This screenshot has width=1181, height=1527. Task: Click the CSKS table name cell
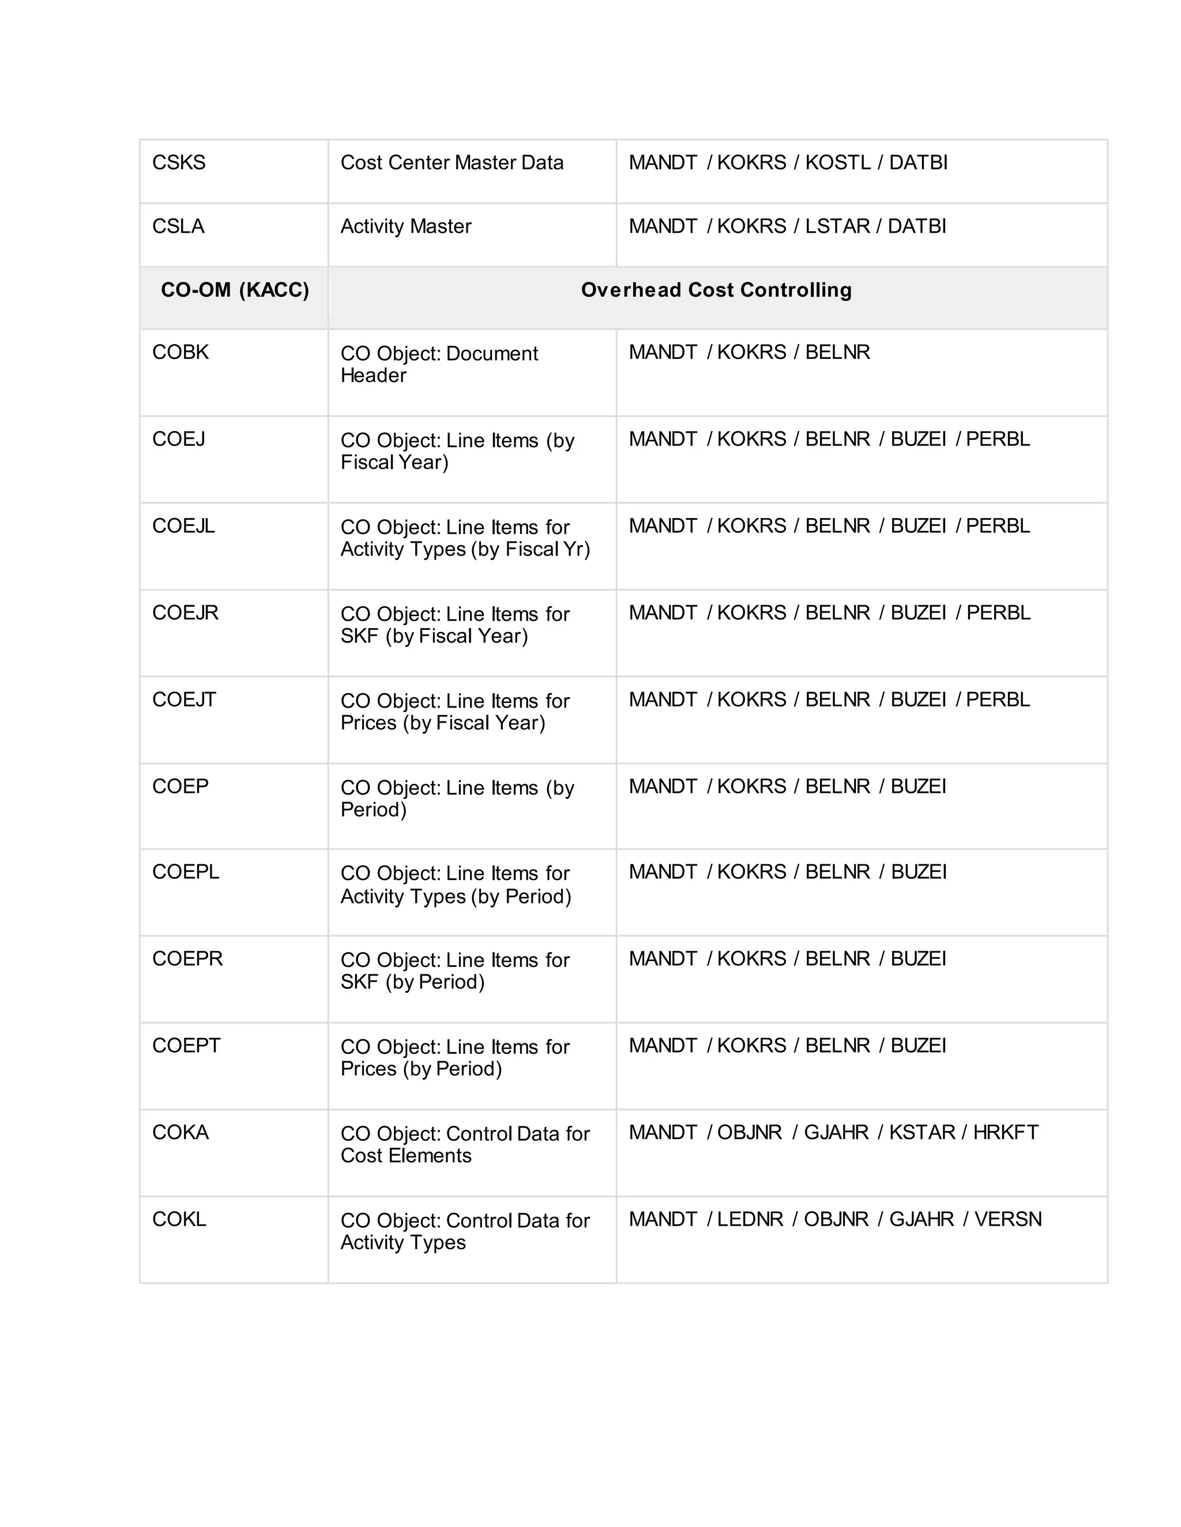[x=179, y=163]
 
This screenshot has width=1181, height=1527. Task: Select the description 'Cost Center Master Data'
[x=452, y=163]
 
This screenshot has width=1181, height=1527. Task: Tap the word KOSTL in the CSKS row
[x=837, y=163]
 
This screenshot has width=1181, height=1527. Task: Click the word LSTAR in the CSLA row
[x=837, y=226]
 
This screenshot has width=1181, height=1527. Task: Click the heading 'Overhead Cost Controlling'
[x=716, y=290]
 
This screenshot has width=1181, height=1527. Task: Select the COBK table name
[x=180, y=353]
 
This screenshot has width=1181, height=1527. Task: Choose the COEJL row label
[x=183, y=526]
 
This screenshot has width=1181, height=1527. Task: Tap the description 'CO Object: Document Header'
[x=439, y=364]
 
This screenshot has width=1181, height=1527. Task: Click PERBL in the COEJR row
[x=998, y=613]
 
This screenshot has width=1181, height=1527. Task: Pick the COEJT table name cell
[x=184, y=700]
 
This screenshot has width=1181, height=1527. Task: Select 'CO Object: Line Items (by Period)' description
[x=457, y=799]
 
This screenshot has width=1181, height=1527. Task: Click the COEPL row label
[x=186, y=872]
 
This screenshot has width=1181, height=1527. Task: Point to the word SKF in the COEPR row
[x=359, y=982]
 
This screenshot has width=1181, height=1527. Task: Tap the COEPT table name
[x=186, y=1046]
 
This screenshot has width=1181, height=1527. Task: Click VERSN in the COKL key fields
[x=1008, y=1219]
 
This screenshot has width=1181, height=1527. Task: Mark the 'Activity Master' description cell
[x=406, y=226]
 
